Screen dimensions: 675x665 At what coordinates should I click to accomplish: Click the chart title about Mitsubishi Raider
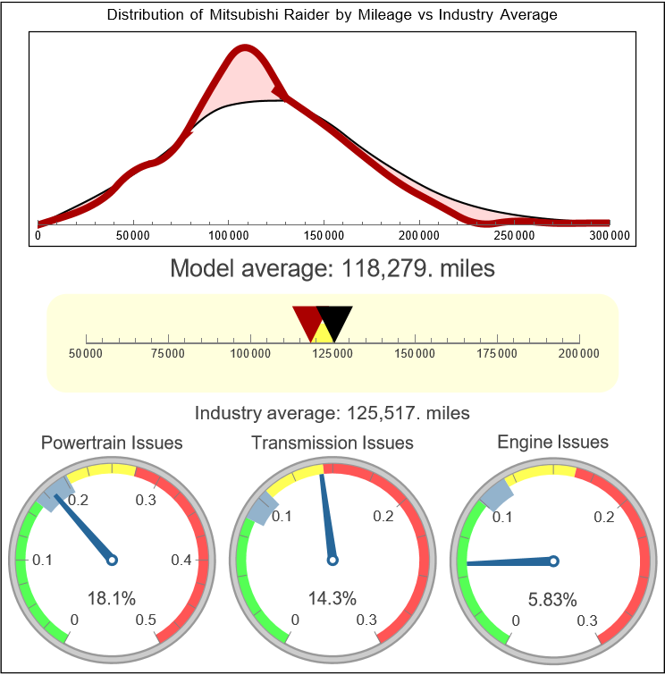[x=332, y=15]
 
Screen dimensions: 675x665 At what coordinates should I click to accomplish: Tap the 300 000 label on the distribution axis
[x=610, y=236]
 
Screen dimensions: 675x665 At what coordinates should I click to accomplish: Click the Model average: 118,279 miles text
[x=332, y=267]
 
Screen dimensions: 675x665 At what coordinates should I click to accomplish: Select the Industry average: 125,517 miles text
[x=332, y=413]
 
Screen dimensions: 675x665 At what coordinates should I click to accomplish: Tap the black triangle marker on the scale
[x=335, y=319]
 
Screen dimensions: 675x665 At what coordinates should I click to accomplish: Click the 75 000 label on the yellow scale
[x=168, y=354]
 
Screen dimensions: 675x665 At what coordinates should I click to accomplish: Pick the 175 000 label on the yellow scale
[x=497, y=354]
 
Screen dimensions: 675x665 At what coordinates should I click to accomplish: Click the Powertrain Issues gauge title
[x=112, y=443]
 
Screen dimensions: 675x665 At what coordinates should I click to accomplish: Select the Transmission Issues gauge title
[x=332, y=443]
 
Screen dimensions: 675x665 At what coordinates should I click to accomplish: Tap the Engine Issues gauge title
[x=552, y=442]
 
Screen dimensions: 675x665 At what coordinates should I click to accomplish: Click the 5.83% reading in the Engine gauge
[x=551, y=598]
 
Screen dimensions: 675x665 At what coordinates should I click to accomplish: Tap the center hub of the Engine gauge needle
[x=553, y=561]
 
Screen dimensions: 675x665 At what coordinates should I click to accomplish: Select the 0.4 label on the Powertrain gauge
[x=181, y=561]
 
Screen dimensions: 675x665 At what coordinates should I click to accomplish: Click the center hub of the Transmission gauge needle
[x=332, y=561]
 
